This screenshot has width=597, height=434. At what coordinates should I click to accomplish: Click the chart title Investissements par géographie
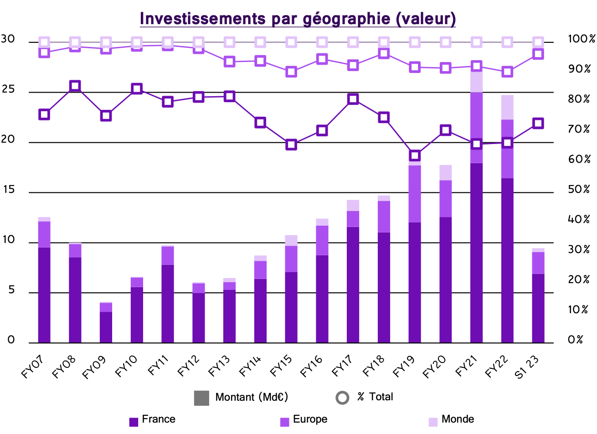[x=298, y=19]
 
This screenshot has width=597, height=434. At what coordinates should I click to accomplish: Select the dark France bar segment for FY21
[x=476, y=253]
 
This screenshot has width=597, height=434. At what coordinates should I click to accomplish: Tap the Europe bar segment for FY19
[x=415, y=194]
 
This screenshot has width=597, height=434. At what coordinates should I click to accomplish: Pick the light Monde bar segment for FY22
[x=507, y=108]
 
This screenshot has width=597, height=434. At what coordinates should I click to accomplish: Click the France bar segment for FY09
[x=106, y=327]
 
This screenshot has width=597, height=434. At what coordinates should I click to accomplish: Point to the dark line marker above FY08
[x=75, y=86]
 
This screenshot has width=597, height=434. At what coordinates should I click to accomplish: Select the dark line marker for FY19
[x=415, y=155]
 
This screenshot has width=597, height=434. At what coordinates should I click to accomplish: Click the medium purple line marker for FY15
[x=291, y=72]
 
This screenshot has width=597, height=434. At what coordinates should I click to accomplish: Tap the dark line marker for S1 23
[x=538, y=123]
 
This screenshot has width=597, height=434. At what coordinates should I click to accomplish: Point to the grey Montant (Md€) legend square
[x=201, y=398]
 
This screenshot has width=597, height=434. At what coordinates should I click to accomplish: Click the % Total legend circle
[x=342, y=398]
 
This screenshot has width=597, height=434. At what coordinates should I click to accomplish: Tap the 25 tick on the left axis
[x=8, y=90]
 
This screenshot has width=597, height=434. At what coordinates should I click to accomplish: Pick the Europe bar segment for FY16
[x=322, y=240]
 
